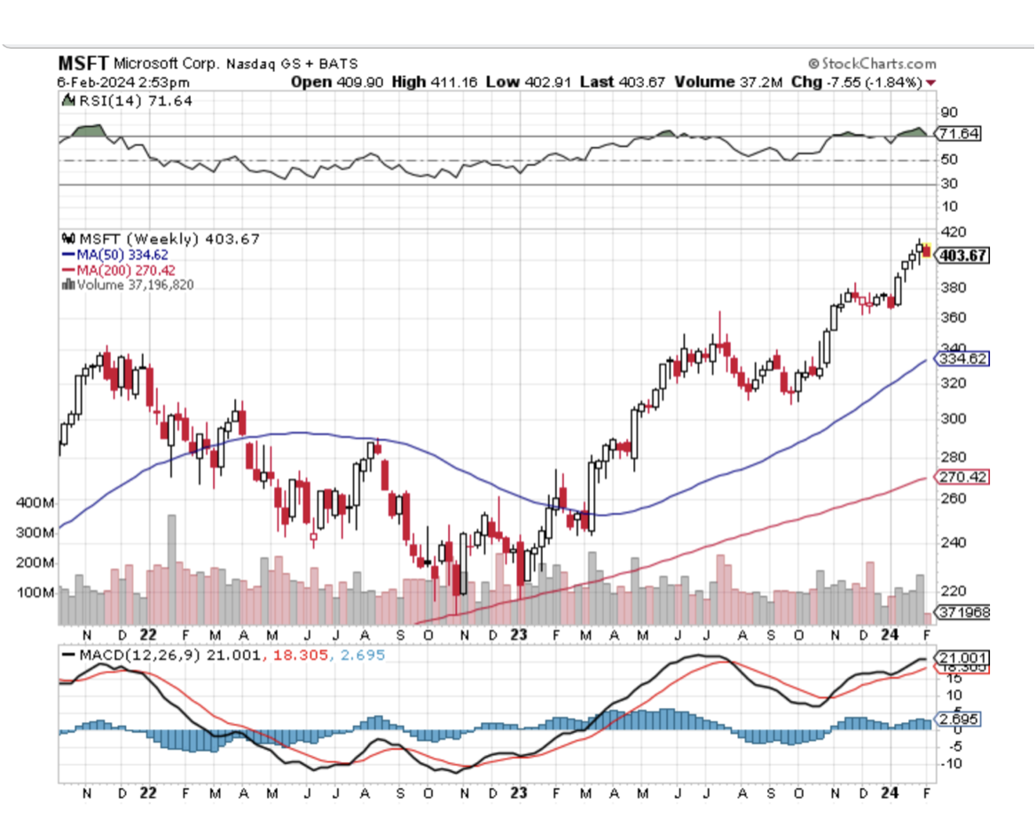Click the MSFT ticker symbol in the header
(83, 64)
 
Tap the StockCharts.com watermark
(872, 64)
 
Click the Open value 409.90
(360, 82)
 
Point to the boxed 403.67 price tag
(962, 256)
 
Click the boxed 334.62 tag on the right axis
(961, 358)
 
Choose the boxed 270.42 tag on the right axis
(961, 476)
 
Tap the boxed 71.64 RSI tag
(961, 134)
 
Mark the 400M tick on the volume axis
(35, 502)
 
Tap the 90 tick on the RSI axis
(949, 112)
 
